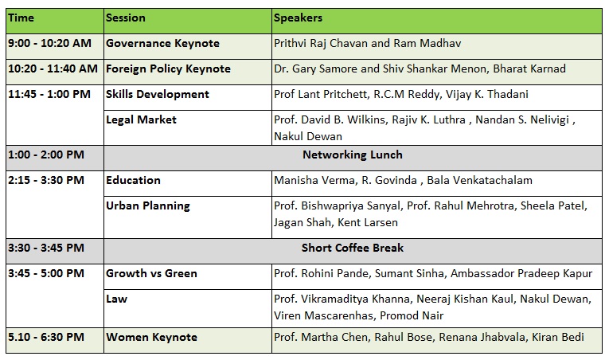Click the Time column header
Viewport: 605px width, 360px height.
pos(21,18)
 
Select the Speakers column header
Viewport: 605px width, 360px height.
pos(298,18)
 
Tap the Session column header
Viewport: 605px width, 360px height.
pos(126,18)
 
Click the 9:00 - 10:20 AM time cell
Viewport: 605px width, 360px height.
pos(50,43)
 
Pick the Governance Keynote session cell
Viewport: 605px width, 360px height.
pos(163,43)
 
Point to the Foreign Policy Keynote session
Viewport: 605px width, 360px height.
pos(168,68)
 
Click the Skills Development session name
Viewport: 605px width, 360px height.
pos(158,94)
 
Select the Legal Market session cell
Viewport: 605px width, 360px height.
pos(141,119)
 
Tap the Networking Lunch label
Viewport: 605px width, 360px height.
pos(353,155)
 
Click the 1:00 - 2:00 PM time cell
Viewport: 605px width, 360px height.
pos(46,155)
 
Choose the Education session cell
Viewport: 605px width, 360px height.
pos(133,180)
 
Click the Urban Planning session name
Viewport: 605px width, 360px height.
pos(148,206)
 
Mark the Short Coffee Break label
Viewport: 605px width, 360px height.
pos(353,248)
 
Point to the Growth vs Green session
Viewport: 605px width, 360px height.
pos(151,273)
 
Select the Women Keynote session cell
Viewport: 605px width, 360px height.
pos(151,337)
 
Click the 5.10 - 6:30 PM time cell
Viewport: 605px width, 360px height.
pos(46,337)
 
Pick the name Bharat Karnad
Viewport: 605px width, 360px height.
pos(529,68)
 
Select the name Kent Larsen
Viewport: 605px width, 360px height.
pos(367,223)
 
